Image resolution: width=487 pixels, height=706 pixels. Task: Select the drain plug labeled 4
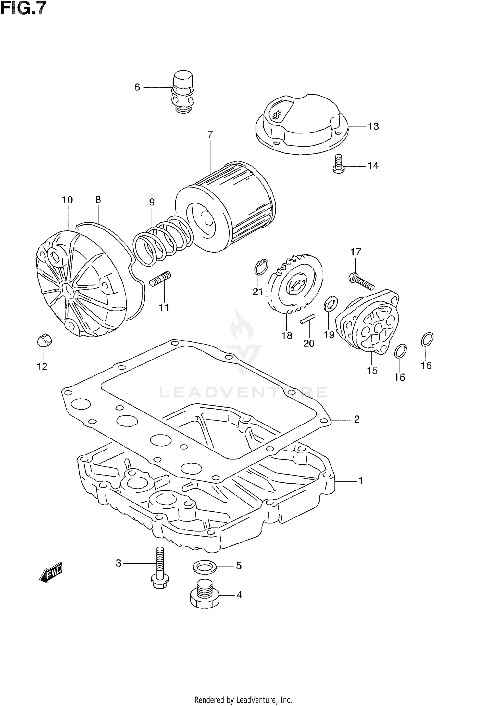pyautogui.click(x=204, y=597)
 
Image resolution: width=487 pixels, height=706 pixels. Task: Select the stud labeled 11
pyautogui.click(x=160, y=279)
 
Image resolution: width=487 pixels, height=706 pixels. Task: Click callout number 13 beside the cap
pyautogui.click(x=373, y=126)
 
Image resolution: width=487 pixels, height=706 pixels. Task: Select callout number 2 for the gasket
pyautogui.click(x=356, y=419)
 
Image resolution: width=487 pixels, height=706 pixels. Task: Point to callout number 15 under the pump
pyautogui.click(x=372, y=370)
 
